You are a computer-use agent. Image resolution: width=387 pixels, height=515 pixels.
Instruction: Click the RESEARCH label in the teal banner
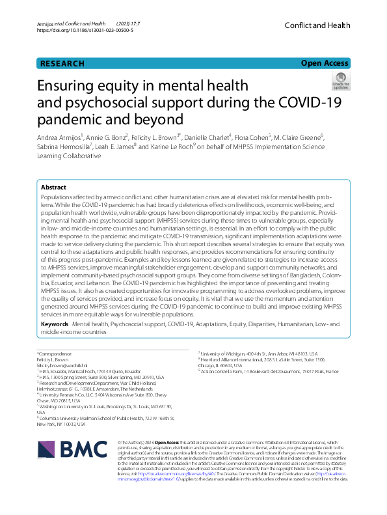62,64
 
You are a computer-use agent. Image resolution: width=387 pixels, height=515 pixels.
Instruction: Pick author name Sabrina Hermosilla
66,148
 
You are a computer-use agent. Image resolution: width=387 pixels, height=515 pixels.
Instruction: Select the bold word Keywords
55,323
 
